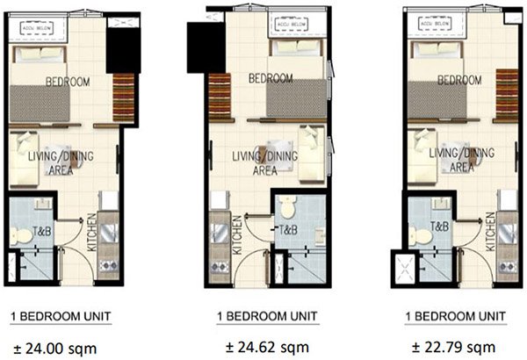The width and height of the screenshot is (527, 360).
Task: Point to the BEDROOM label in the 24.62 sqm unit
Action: [271, 78]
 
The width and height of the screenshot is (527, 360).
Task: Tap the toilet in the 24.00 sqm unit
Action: [24, 234]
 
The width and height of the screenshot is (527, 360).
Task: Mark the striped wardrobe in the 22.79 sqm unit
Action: [505, 96]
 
